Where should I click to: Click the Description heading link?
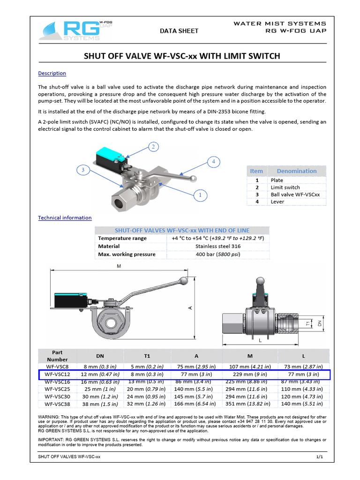pyautogui.click(x=52, y=74)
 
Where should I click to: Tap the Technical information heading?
pyautogui.click(x=65, y=218)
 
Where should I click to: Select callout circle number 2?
pyautogui.click(x=153, y=147)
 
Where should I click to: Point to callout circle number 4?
pyautogui.click(x=213, y=162)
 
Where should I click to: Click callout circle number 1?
pyautogui.click(x=200, y=194)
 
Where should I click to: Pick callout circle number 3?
pyautogui.click(x=83, y=170)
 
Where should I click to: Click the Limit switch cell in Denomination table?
pyautogui.click(x=285, y=187)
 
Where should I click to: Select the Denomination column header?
pyautogui.click(x=296, y=171)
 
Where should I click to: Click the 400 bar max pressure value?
pyautogui.click(x=217, y=255)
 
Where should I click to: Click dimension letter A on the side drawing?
pyautogui.click(x=190, y=308)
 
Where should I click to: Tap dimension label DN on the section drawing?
pyautogui.click(x=320, y=323)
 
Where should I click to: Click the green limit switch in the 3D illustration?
pyautogui.click(x=108, y=154)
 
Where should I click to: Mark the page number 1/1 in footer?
pyautogui.click(x=320, y=457)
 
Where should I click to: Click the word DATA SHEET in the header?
pyautogui.click(x=179, y=31)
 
